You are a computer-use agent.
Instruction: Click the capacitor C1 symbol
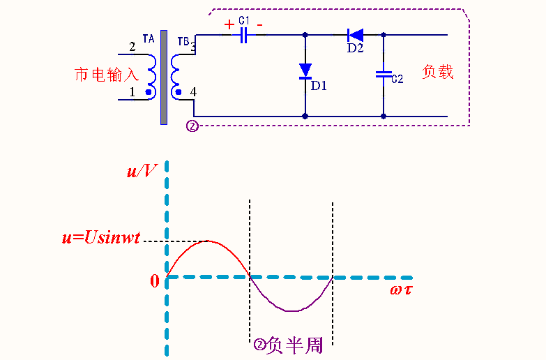244,35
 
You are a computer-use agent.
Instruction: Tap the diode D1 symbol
305,71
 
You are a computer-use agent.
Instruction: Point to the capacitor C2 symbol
382,73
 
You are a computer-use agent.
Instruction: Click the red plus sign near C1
229,24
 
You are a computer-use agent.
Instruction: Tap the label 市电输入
107,75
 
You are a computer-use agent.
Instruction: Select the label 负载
438,71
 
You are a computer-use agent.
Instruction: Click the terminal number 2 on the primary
132,47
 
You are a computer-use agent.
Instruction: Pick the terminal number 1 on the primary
132,91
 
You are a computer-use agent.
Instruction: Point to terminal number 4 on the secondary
193,92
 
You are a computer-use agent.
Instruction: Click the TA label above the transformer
148,39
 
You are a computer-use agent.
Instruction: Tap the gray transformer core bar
164,77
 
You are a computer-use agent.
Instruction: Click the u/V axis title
142,171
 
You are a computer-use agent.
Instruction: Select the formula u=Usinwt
101,238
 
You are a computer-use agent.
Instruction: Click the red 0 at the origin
155,280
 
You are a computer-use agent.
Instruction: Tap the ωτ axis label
400,289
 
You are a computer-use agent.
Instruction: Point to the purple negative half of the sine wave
293,309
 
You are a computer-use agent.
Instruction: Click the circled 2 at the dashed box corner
192,126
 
